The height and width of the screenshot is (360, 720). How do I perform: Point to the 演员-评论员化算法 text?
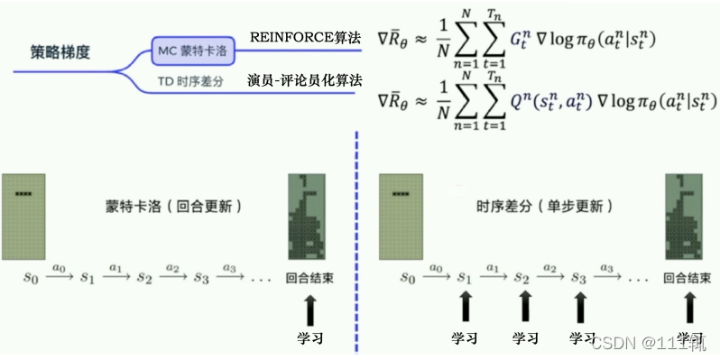[305, 81]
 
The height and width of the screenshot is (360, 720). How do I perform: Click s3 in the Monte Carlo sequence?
[200, 277]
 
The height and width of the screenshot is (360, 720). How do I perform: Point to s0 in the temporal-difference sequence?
[408, 277]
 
